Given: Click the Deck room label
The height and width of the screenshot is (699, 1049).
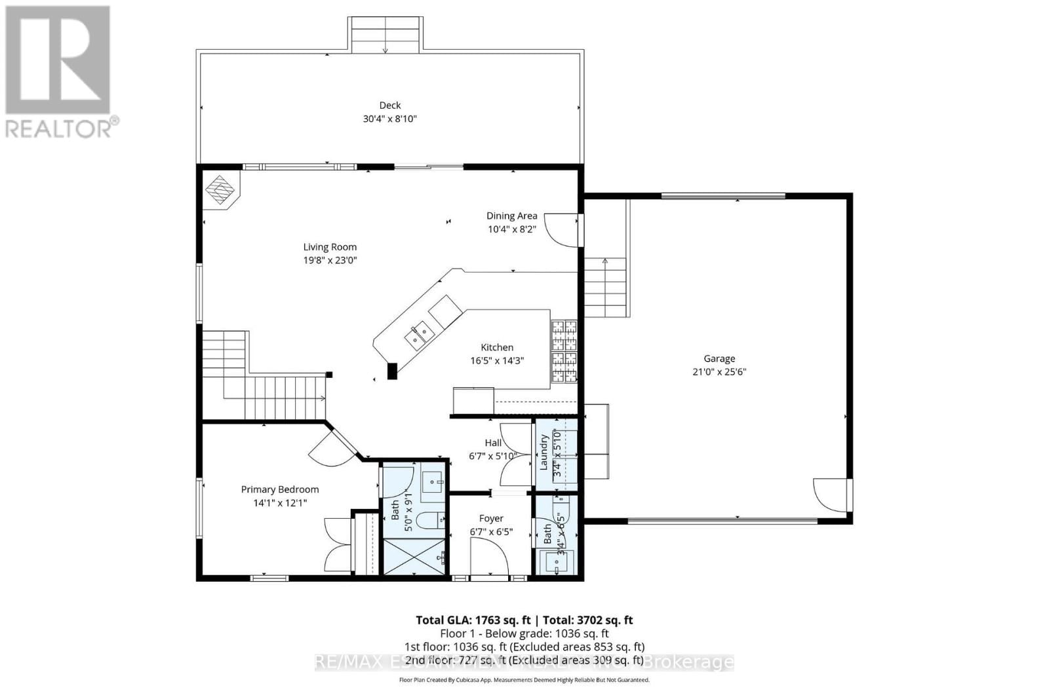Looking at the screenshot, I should [x=389, y=105].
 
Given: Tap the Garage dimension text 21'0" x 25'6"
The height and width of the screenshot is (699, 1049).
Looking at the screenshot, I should [x=719, y=372].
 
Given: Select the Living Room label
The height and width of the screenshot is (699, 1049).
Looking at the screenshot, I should [x=330, y=247].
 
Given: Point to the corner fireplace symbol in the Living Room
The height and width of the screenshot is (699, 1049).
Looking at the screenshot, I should [x=220, y=191].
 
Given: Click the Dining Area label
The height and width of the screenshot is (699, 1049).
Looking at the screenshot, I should [x=511, y=216].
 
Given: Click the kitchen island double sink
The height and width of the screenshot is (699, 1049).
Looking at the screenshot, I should [x=420, y=335].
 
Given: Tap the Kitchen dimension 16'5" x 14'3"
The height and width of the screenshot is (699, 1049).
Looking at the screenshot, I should [x=496, y=361].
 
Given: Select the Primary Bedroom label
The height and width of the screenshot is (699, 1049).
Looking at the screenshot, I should [x=280, y=489].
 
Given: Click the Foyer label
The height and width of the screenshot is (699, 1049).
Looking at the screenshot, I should [x=491, y=518].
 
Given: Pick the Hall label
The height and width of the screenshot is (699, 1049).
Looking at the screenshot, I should [x=493, y=443].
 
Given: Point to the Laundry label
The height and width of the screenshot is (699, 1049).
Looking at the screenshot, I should [x=544, y=452].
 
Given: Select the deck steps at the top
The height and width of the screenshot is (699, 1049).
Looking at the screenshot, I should [x=385, y=35].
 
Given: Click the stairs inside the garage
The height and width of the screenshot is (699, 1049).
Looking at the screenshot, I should [x=605, y=287].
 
